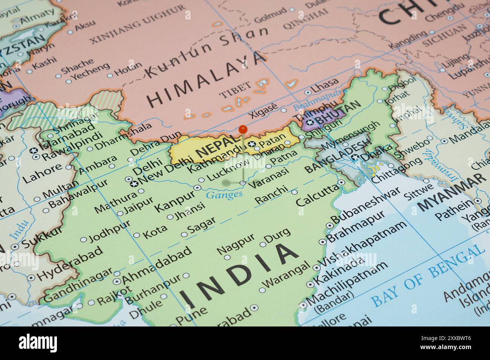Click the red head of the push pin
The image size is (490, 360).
click(243, 129)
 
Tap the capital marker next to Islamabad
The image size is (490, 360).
click(34, 151)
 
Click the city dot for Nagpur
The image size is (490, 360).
click(227, 258)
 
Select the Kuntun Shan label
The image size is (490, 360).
click(207, 51)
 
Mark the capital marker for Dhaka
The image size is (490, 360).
click(355, 158)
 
